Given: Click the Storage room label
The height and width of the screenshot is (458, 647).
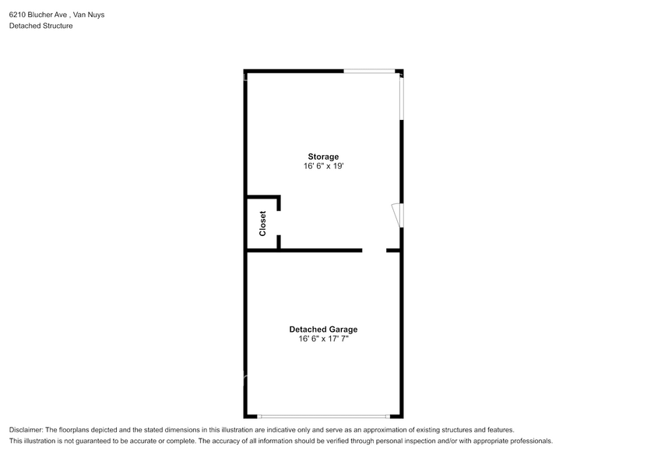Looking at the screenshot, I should (x=322, y=157).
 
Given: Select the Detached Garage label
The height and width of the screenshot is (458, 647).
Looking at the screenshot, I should (x=323, y=329).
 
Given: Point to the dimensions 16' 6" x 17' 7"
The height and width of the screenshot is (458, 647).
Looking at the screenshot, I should (x=323, y=339).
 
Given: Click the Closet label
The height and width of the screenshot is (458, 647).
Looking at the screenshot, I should (x=262, y=224).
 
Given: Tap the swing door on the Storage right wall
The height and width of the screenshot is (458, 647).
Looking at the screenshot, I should (x=397, y=215).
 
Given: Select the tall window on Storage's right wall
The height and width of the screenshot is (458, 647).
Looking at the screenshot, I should (x=402, y=98).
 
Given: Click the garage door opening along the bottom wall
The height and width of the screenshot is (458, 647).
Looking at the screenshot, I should (x=323, y=416).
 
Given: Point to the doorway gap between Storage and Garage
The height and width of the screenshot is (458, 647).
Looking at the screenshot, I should (x=374, y=251).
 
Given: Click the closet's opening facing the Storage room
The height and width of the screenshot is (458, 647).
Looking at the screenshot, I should (x=279, y=222).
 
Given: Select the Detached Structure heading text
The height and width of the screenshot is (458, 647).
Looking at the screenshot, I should (x=40, y=26).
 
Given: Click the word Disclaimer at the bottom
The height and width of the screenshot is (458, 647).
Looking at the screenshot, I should (x=26, y=430).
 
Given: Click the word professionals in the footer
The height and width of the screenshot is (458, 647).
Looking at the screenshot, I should (x=531, y=441).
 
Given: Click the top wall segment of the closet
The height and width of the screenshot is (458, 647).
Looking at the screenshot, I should (x=263, y=197).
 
